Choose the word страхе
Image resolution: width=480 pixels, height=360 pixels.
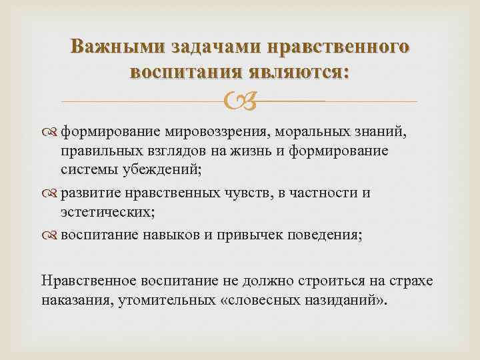point(411,281)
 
